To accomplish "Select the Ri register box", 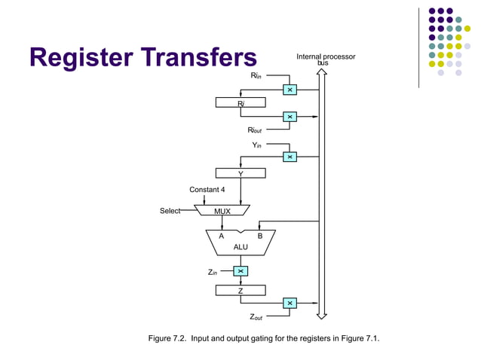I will pyautogui.click(x=240, y=102).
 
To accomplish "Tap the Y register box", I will pyautogui.click(x=240, y=173).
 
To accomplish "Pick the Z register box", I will pyautogui.click(x=240, y=290).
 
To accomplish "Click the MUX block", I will pyautogui.click(x=222, y=211).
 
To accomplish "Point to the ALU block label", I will pyautogui.click(x=240, y=246).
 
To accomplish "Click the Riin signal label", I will pyautogui.click(x=256, y=76).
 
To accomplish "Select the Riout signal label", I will pyautogui.click(x=256, y=130).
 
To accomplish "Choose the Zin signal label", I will pyautogui.click(x=213, y=272).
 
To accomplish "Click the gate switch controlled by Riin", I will pyautogui.click(x=290, y=90).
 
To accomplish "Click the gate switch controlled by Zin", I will pyautogui.click(x=240, y=271).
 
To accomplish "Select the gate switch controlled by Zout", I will pyautogui.click(x=290, y=303).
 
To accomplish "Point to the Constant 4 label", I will pyautogui.click(x=207, y=189).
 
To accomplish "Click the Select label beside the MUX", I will pyautogui.click(x=170, y=211).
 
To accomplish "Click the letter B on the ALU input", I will pyautogui.click(x=259, y=236).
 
